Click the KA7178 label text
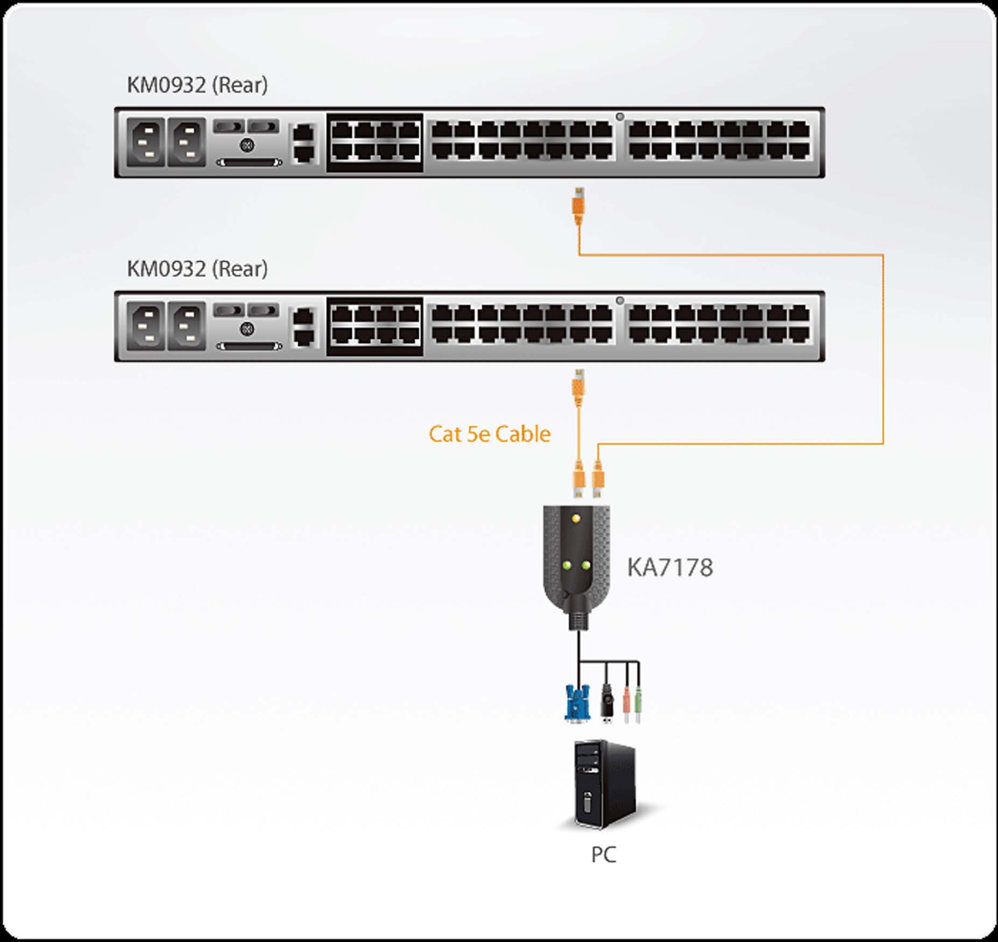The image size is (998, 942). pyautogui.click(x=670, y=568)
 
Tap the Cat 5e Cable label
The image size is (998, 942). pyautogui.click(x=489, y=434)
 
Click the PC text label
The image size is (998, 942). pyautogui.click(x=603, y=854)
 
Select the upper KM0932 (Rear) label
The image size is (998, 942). pyautogui.click(x=197, y=85)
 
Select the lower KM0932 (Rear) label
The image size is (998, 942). pyautogui.click(x=197, y=269)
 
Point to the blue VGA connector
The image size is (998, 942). pyautogui.click(x=577, y=702)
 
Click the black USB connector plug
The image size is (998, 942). pyautogui.click(x=607, y=702)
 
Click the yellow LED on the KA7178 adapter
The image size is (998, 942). pyautogui.click(x=576, y=518)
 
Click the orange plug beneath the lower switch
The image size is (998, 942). pyautogui.click(x=578, y=388)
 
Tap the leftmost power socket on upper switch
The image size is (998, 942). pyautogui.click(x=146, y=142)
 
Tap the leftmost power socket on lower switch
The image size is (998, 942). pyautogui.click(x=146, y=326)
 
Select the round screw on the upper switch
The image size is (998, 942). pyautogui.click(x=247, y=145)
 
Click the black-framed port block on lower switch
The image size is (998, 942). pyautogui.click(x=375, y=326)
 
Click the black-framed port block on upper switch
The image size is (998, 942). pyautogui.click(x=375, y=142)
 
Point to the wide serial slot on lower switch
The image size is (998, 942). pyautogui.click(x=249, y=346)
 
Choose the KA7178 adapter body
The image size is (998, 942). pyautogui.click(x=577, y=559)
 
